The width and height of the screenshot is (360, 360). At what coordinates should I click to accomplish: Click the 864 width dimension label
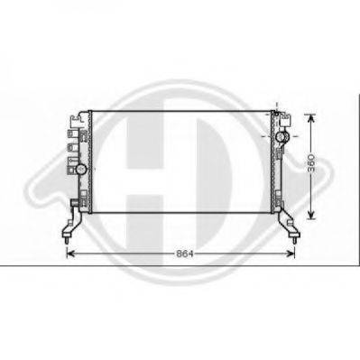[x=184, y=254]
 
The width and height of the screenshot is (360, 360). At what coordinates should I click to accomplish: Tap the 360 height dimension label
[x=311, y=163]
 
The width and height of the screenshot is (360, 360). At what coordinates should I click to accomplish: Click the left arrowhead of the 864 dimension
[x=70, y=254]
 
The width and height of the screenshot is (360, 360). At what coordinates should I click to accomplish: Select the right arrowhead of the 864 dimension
[x=291, y=254]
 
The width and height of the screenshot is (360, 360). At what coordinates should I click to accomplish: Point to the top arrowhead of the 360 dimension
[x=311, y=118]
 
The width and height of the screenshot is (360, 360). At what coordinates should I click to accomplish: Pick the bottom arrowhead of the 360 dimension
[x=311, y=215]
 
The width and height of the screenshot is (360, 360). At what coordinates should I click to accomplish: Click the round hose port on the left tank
[x=81, y=170]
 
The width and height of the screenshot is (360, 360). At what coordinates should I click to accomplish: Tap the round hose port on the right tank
[x=282, y=137]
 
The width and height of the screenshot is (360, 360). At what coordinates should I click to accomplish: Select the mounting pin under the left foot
[x=67, y=241]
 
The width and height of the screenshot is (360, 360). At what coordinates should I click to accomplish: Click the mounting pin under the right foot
[x=294, y=240]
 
